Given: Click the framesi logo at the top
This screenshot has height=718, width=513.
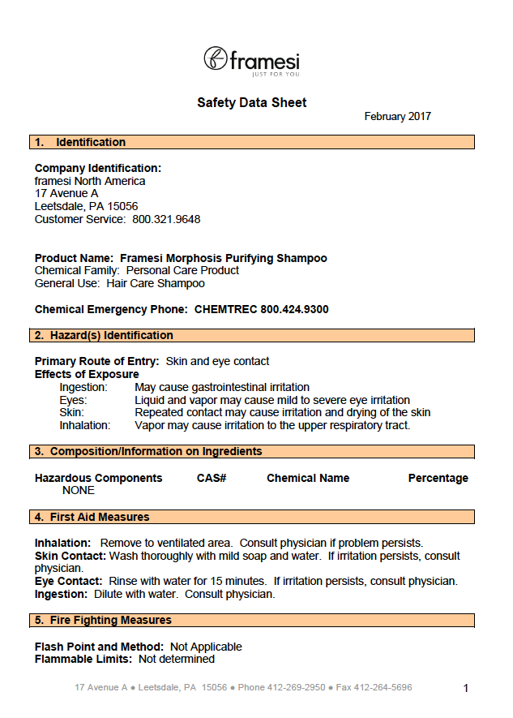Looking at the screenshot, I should click(x=251, y=61).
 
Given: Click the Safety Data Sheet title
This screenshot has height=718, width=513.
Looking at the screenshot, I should click(x=252, y=103).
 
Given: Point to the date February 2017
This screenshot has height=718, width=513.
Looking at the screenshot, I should click(x=397, y=117).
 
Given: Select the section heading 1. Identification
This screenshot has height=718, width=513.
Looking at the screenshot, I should click(x=80, y=143).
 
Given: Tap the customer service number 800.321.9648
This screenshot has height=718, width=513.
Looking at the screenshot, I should click(x=166, y=220).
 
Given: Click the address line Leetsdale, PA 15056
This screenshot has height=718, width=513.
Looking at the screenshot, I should click(x=86, y=207).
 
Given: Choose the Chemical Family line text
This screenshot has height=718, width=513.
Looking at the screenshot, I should click(x=137, y=270).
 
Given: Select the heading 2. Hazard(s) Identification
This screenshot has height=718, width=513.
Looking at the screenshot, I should click(x=104, y=336).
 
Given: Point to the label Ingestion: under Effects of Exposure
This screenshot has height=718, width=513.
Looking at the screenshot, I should click(x=83, y=388).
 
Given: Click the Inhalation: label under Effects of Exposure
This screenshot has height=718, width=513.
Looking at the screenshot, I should click(x=85, y=425).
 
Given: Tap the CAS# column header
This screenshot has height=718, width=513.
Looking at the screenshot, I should click(x=212, y=479).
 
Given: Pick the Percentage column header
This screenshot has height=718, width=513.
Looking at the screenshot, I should click(x=438, y=479).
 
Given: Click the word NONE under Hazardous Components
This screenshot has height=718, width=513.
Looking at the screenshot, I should click(x=79, y=491).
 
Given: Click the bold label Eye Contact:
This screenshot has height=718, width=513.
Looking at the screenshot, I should click(x=69, y=582).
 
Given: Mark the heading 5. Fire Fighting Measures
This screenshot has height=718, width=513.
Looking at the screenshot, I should click(x=103, y=621).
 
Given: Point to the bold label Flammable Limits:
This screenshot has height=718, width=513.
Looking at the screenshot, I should click(x=83, y=660).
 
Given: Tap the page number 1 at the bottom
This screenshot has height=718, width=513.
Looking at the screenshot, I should click(x=466, y=689).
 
